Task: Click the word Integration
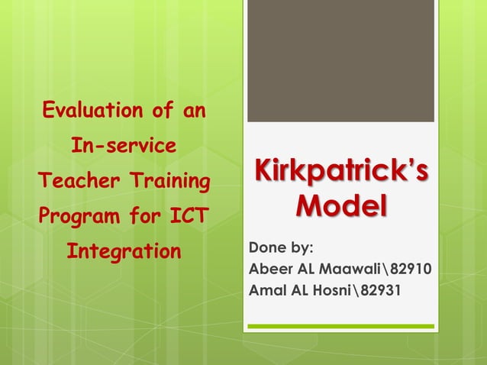(124, 250)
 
